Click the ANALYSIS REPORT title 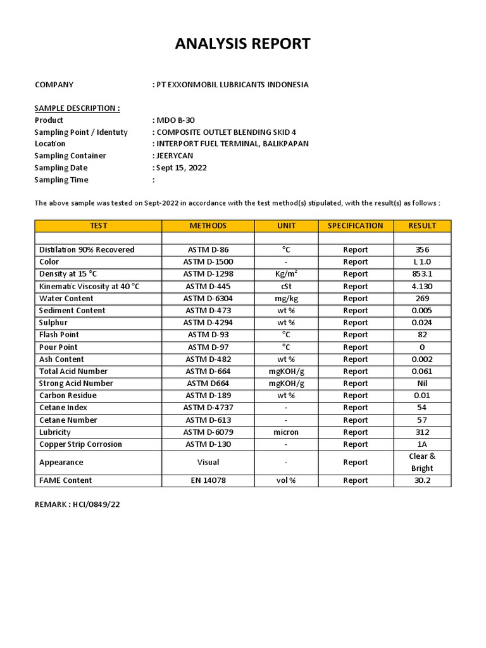click(x=243, y=44)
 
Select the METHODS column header click(x=208, y=226)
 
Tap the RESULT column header click(x=422, y=226)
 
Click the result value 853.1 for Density click(x=422, y=274)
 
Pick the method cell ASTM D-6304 click(x=208, y=299)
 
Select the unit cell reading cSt click(x=286, y=286)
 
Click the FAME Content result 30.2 click(x=422, y=480)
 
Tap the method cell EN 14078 click(x=208, y=480)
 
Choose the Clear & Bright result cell click(x=422, y=463)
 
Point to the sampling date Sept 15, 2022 click(x=181, y=168)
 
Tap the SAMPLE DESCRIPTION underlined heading click(x=77, y=108)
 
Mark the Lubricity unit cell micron click(x=286, y=432)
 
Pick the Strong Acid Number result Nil click(x=422, y=383)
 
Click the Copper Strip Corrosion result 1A click(x=422, y=444)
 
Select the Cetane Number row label click(x=68, y=420)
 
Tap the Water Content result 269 click(x=422, y=299)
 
